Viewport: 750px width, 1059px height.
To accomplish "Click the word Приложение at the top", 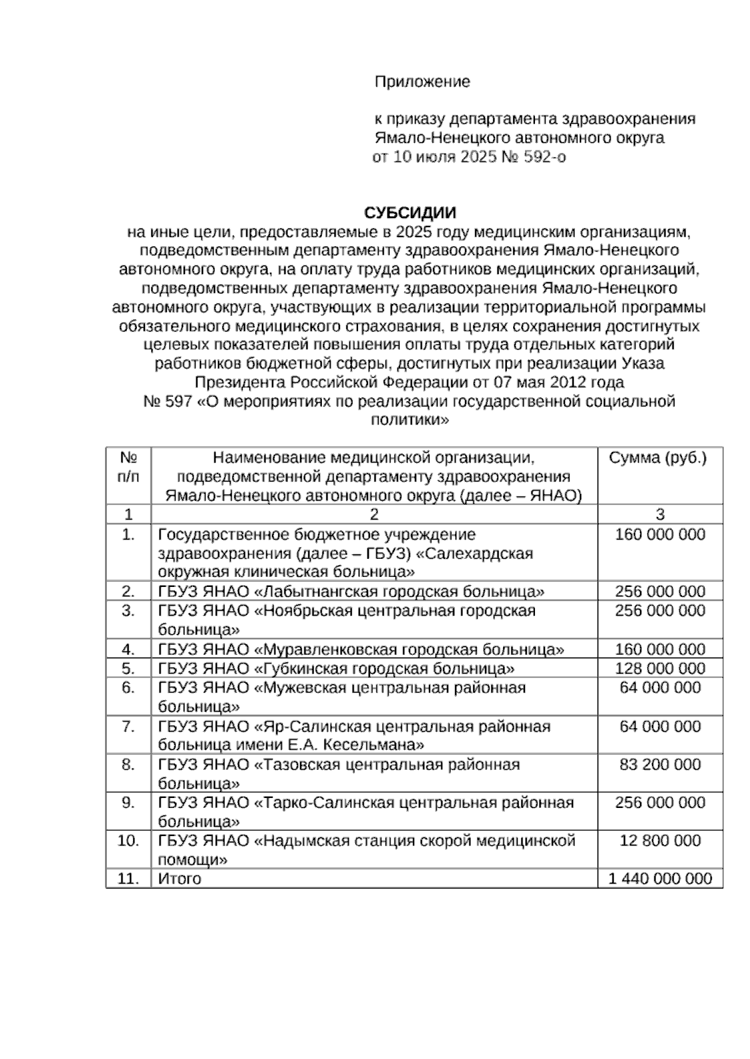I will coord(422,82).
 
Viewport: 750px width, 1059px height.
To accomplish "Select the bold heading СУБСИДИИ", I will coord(410,213).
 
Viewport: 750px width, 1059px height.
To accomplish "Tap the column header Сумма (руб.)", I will coord(658,458).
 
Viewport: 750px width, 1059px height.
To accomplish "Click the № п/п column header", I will coord(128,467).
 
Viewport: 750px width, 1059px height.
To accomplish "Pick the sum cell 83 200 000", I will coord(660,764).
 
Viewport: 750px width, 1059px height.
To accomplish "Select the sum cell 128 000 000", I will coord(660,669).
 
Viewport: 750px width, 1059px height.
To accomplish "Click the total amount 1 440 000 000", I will coord(660,879).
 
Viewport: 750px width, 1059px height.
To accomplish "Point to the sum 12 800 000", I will coord(660,841).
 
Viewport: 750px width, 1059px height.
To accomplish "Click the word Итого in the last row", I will coord(179,879).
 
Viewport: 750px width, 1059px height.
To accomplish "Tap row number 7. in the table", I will coord(128,727).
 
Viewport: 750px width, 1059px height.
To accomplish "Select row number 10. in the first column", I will coord(128,841).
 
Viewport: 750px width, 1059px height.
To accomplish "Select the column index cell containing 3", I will coord(660,515).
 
